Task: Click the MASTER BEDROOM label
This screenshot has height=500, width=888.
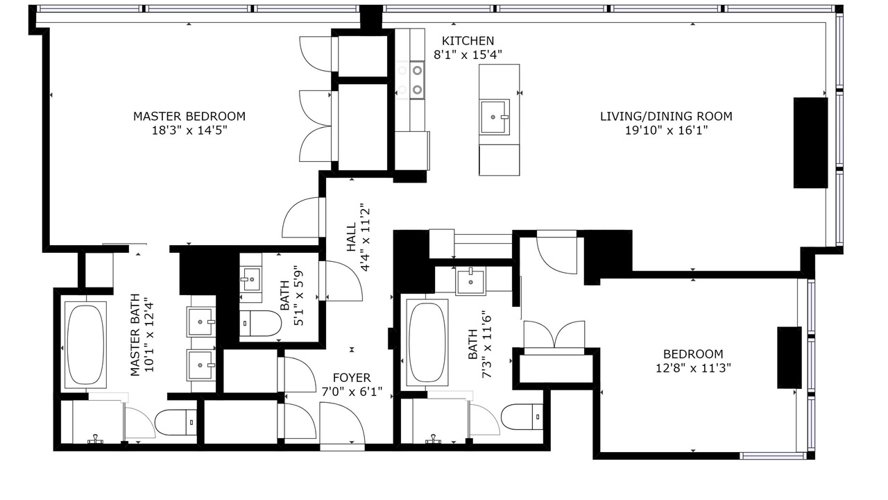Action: [x=189, y=116]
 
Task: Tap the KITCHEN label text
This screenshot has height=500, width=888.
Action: [x=468, y=41]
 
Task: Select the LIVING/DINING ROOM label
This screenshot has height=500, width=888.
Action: [x=666, y=116]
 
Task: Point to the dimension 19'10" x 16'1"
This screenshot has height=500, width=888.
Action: [x=667, y=130]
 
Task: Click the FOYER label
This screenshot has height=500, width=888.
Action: [x=352, y=378]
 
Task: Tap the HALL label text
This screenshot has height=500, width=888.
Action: [x=352, y=237]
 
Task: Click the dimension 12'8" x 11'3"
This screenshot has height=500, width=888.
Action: [x=693, y=368]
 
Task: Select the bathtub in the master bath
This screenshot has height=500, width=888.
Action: [x=85, y=344]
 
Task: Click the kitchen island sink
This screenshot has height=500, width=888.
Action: [x=494, y=117]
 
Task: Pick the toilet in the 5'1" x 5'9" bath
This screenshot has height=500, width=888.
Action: [x=260, y=324]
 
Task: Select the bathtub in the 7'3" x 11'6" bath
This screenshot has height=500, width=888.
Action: [x=427, y=342]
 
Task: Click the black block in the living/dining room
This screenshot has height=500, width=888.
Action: [x=810, y=142]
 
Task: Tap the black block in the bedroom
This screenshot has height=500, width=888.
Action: [x=789, y=358]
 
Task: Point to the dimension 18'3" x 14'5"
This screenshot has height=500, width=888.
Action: [x=189, y=130]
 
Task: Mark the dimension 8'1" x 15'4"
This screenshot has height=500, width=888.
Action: [x=468, y=55]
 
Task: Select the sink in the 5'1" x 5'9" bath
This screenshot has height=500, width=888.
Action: [x=250, y=279]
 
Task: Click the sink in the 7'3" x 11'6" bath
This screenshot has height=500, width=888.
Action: [x=470, y=281]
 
